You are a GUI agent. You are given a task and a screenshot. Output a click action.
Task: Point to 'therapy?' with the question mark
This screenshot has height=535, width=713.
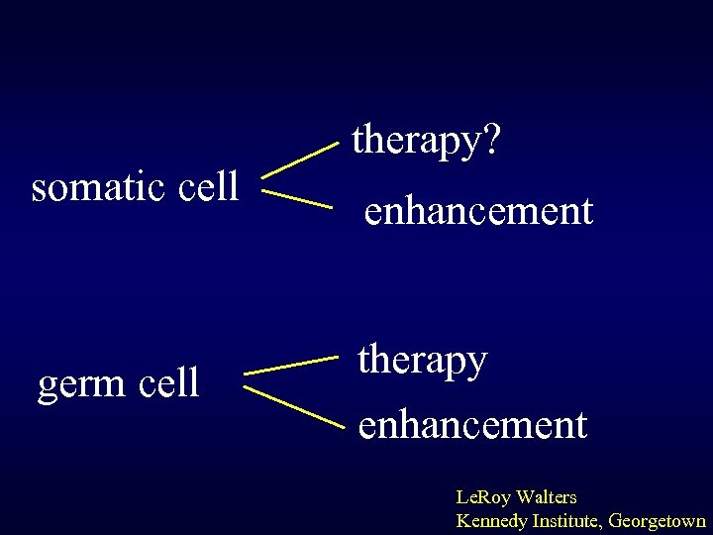(x=427, y=142)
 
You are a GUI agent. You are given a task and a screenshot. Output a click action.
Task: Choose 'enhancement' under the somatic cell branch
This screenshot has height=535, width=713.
(x=478, y=211)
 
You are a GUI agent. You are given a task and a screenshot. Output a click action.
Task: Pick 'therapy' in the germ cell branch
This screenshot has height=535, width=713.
(x=423, y=362)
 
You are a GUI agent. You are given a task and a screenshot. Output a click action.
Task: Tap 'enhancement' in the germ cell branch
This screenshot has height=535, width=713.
(x=472, y=425)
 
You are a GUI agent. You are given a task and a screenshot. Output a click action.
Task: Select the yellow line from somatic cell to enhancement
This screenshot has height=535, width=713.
(x=296, y=201)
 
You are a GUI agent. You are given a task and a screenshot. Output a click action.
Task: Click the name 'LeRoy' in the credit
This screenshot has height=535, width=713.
(x=482, y=497)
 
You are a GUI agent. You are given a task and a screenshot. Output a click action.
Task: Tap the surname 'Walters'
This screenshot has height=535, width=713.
(x=546, y=497)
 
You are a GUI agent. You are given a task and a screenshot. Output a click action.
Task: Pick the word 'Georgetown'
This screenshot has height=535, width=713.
(x=657, y=520)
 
